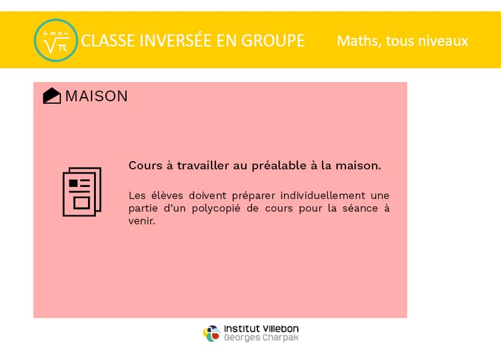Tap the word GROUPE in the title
point(273,41)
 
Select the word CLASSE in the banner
point(108,41)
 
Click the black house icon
point(52,96)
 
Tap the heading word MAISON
point(96,96)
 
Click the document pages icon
point(82,192)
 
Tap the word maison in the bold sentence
point(358,166)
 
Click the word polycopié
point(216,209)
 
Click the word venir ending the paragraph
point(142,221)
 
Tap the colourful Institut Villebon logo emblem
point(212,333)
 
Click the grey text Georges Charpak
point(261,338)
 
